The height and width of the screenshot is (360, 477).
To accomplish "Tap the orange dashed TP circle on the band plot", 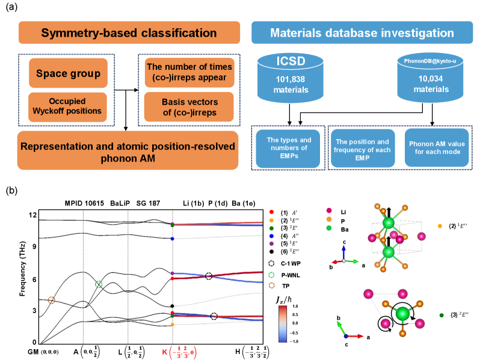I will click(51, 300).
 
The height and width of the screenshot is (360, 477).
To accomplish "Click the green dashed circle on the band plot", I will click(98, 284).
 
